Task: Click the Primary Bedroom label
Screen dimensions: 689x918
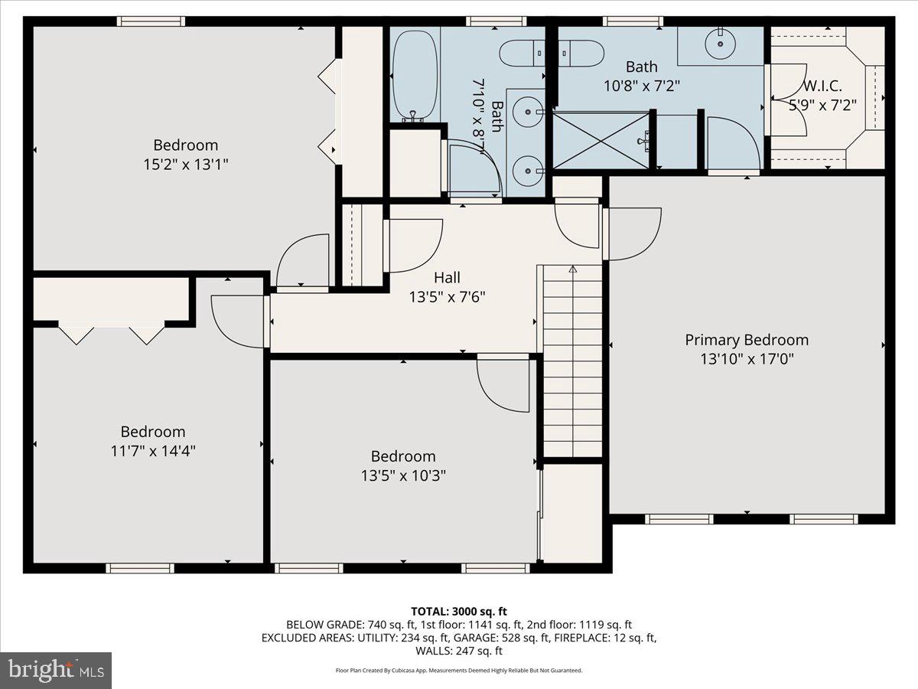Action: [x=746, y=340]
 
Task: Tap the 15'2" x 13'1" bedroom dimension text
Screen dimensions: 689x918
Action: [x=185, y=164]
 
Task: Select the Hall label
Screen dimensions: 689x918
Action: [x=447, y=277]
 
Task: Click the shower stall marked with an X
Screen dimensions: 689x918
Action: [x=600, y=139]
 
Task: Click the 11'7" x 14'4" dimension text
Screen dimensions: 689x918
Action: [x=153, y=451]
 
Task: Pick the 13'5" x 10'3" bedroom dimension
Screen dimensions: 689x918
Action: [x=403, y=475]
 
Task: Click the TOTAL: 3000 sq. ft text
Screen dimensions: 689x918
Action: [x=459, y=611]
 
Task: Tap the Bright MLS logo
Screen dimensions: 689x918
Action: [x=56, y=671]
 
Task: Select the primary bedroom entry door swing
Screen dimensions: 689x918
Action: [x=632, y=233]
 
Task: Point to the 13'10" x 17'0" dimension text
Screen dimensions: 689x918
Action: [x=746, y=359]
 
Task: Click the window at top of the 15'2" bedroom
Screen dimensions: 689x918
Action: [x=151, y=21]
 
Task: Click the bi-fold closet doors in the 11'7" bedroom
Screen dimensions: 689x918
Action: [x=111, y=334]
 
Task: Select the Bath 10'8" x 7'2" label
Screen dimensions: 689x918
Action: [x=641, y=77]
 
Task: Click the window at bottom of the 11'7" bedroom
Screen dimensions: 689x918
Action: [x=140, y=568]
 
